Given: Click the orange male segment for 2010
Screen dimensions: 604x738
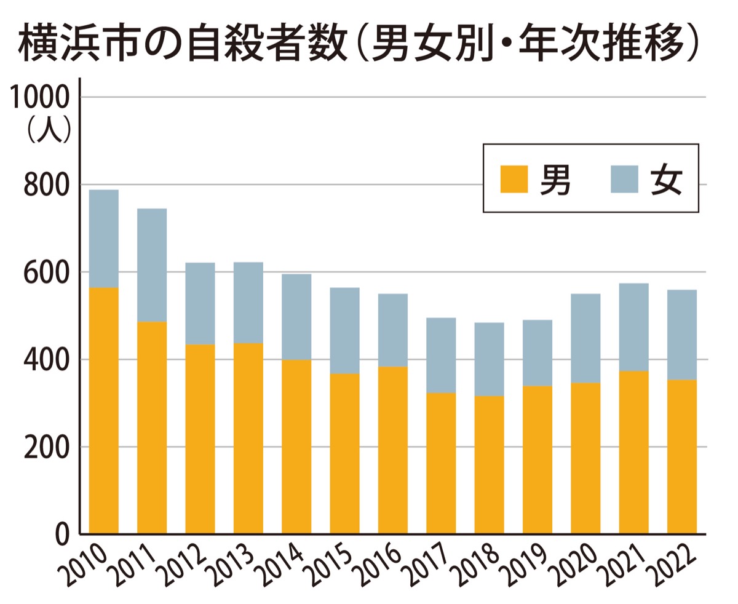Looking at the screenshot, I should point(103,410).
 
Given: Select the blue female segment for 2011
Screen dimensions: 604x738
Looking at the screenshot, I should point(151,265).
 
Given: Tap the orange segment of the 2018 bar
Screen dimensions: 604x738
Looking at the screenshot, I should point(489,464).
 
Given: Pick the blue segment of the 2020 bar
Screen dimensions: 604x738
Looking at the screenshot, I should point(585,338).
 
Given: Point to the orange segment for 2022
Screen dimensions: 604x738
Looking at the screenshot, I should point(681,456).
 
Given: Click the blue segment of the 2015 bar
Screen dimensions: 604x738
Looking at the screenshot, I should point(344,330).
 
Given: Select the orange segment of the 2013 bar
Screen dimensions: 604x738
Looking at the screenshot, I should point(248,438).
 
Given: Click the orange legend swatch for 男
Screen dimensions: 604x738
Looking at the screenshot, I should point(514,179).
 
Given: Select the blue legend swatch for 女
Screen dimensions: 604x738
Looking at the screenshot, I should point(624,179).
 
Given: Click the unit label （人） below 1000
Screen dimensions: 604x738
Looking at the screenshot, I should point(49,130).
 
